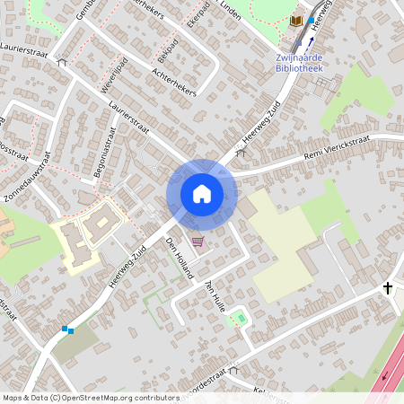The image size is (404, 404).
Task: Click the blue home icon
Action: [201, 194]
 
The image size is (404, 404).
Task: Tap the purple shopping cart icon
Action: [198, 241]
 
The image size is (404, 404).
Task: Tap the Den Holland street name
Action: [179, 259]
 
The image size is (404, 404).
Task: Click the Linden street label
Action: [233, 12]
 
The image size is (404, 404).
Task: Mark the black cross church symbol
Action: [388, 288]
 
